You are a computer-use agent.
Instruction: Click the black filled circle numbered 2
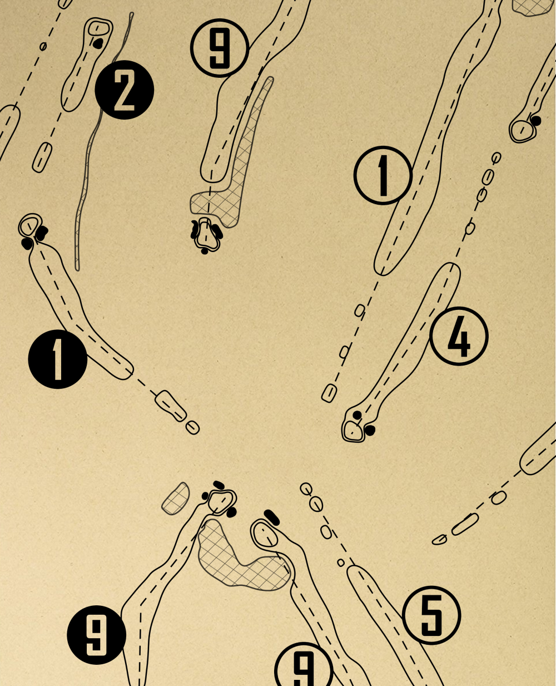[124, 90]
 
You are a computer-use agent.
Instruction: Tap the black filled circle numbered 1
[58, 359]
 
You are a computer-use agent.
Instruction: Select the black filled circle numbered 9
[96, 635]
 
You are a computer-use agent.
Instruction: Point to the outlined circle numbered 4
[459, 336]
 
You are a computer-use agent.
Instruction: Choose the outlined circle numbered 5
[431, 615]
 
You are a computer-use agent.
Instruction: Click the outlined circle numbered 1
[383, 175]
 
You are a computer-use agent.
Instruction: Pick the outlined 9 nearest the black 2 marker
[219, 48]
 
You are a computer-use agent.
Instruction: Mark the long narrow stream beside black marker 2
[87, 167]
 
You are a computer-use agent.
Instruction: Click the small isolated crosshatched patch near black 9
[176, 499]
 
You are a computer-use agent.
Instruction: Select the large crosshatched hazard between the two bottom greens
[239, 562]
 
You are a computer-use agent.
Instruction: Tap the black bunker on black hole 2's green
[98, 42]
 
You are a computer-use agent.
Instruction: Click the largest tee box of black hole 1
[171, 406]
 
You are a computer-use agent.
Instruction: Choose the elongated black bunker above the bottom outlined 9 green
[272, 517]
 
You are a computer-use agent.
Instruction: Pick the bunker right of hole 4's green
[370, 430]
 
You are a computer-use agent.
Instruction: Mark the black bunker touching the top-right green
[536, 120]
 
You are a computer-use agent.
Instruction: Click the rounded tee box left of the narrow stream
[42, 157]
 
